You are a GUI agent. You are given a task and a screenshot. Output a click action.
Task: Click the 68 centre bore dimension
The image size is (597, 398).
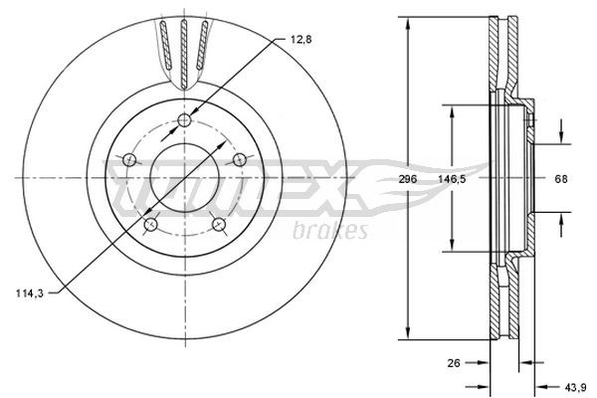point(561,179)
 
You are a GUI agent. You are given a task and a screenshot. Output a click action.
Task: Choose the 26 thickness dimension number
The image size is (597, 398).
point(453,364)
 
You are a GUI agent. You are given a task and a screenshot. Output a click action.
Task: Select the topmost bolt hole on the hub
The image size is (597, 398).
point(185,121)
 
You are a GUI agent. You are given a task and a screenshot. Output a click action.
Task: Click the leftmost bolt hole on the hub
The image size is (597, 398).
point(129,159)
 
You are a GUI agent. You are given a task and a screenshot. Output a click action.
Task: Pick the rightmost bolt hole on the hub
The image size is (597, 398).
point(240,159)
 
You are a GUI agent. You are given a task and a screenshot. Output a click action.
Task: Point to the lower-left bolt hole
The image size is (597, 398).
point(150,226)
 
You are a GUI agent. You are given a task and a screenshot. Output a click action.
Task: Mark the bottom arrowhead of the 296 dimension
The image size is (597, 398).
point(409,335)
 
